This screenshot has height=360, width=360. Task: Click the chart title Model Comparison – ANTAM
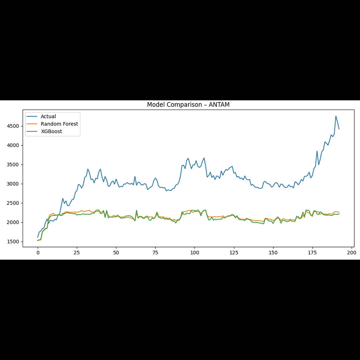(188, 105)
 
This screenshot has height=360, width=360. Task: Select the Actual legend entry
(48, 117)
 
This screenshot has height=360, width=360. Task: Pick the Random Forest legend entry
(59, 124)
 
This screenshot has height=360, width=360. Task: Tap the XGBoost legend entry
(51, 131)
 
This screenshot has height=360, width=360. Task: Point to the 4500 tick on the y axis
(15, 126)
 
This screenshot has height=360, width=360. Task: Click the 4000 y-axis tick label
(15, 145)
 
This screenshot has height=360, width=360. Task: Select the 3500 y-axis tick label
(15, 165)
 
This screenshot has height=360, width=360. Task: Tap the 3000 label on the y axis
(15, 184)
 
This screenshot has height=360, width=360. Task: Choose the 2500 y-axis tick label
(15, 203)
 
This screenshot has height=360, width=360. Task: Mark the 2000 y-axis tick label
(15, 222)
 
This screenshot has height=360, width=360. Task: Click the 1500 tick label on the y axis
(15, 242)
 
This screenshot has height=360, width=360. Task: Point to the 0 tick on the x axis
(38, 253)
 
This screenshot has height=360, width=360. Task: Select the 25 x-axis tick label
(77, 253)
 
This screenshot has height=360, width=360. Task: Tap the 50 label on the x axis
(116, 253)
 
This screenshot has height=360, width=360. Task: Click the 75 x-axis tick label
(155, 253)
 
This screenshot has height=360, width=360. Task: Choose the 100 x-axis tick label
(195, 253)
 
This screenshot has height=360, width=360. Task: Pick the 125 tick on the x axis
(234, 253)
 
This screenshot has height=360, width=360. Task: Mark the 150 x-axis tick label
(273, 253)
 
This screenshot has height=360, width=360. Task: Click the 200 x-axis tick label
(352, 253)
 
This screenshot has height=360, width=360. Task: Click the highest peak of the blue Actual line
(336, 116)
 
